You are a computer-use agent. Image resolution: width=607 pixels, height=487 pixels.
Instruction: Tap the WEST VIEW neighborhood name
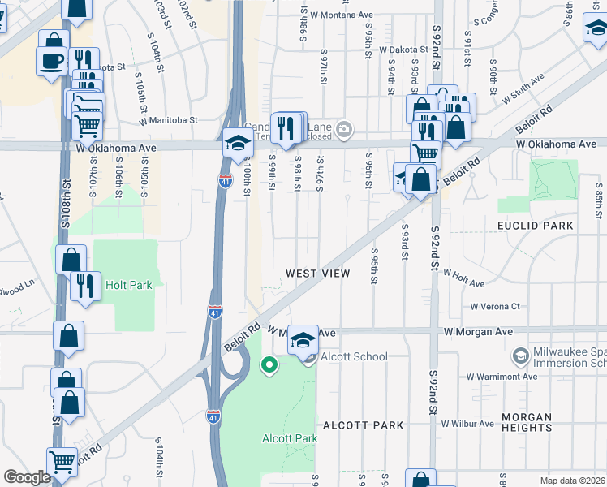[x=317, y=274]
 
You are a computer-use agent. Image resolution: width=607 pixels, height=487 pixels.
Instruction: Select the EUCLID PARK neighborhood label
[x=536, y=225]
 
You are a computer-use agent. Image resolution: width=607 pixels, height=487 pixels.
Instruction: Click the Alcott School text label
[x=353, y=356]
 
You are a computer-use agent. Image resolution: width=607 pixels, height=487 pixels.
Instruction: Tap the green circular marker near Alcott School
[x=269, y=365]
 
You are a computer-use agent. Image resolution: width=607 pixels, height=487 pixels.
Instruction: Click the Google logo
[x=27, y=476]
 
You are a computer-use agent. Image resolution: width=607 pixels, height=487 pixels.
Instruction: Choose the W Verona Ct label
[x=494, y=307]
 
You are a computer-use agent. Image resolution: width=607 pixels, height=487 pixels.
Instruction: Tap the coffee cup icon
[x=51, y=61]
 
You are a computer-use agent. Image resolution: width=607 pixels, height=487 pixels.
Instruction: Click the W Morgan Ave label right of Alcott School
[x=478, y=332]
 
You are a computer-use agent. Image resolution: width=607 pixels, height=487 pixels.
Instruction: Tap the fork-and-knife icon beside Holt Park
[x=85, y=286]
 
